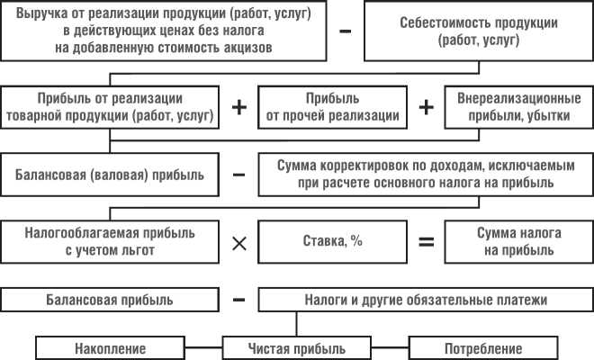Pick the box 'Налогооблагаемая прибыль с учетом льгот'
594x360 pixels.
click(109, 242)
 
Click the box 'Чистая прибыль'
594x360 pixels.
click(295, 347)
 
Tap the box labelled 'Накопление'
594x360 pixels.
click(110, 347)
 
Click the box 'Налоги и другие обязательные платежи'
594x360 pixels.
click(425, 299)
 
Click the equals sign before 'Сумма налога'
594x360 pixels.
click(426, 242)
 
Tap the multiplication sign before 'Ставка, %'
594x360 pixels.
click(239, 242)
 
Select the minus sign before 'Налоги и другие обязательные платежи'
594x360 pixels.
click(239, 298)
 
